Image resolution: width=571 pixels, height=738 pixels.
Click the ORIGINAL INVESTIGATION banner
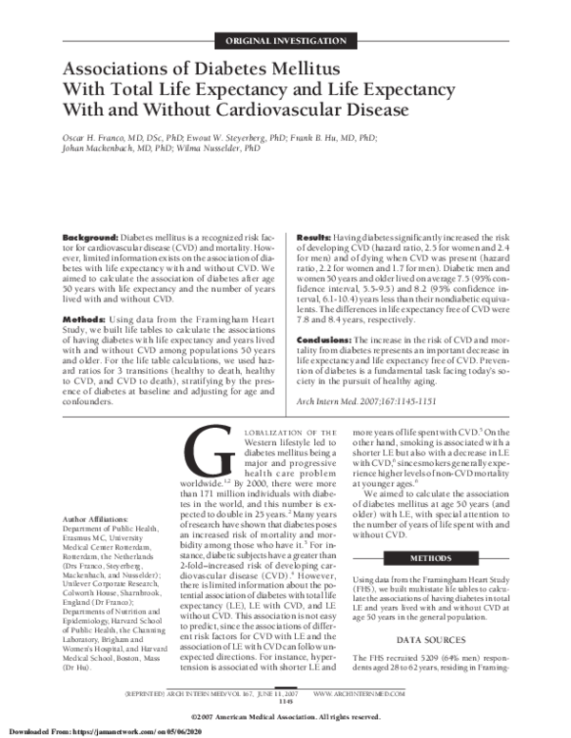[x=285, y=41]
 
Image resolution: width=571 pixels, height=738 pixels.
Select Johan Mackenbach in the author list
[x=100, y=148]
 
